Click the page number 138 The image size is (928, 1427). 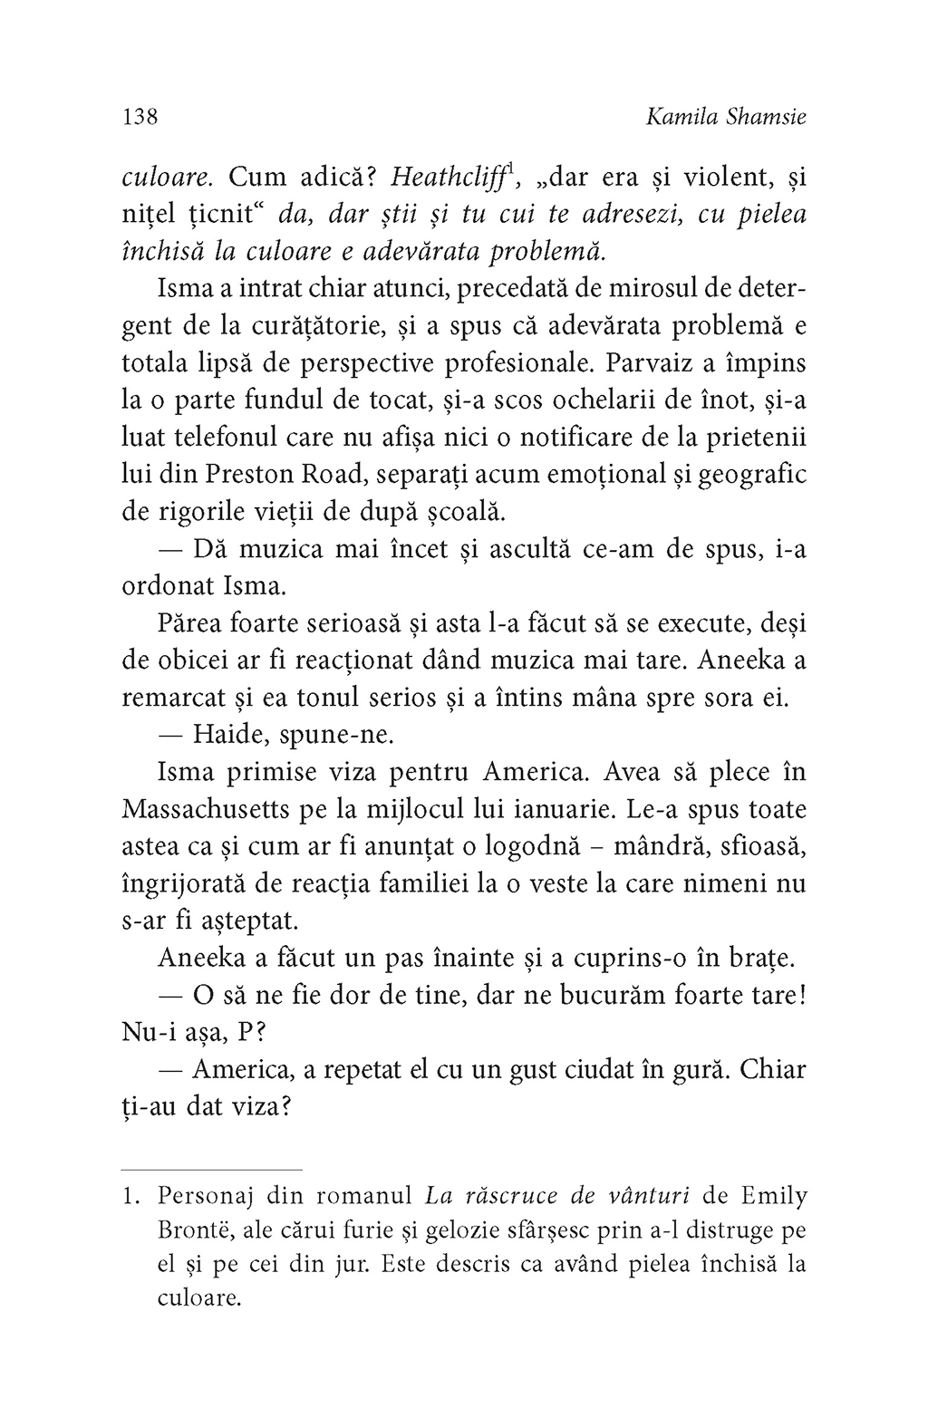tap(140, 117)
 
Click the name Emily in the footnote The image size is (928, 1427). tap(772, 1196)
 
